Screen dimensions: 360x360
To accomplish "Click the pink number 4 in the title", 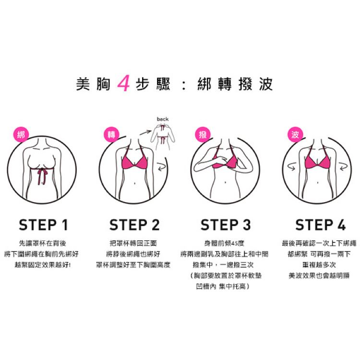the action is click(x=123, y=83).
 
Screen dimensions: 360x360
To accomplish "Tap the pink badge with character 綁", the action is click(x=21, y=135).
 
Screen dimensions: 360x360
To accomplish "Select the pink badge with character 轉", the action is click(x=111, y=134).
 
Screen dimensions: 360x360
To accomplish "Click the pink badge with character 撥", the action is click(x=203, y=134).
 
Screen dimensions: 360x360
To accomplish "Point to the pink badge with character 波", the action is click(x=295, y=134).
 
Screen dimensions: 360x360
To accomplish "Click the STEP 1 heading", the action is click(x=43, y=225).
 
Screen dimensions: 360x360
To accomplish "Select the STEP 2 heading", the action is click(x=134, y=225).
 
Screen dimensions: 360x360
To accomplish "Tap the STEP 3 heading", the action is click(x=226, y=225).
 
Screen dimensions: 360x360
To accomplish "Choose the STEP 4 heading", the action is click(x=320, y=225).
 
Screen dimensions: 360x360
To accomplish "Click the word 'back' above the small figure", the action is click(x=163, y=119).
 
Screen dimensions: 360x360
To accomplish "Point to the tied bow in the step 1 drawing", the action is click(x=42, y=175).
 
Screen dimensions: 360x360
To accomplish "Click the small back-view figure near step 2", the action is click(x=163, y=136).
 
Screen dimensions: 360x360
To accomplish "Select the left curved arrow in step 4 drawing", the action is click(x=292, y=167).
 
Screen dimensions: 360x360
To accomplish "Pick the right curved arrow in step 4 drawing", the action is click(x=344, y=167).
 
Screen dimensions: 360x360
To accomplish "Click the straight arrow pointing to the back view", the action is click(x=145, y=132).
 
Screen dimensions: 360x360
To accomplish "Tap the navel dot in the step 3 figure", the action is click(x=225, y=182).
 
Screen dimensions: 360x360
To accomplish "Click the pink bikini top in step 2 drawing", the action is click(x=134, y=161).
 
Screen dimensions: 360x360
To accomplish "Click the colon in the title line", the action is click(x=183, y=84).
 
